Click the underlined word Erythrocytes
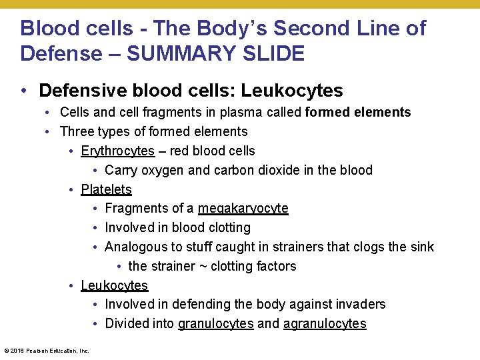[117, 151]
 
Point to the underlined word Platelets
[106, 189]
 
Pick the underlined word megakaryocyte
[243, 209]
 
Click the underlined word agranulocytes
[325, 324]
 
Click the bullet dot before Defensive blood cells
[24, 91]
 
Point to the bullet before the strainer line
[118, 267]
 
